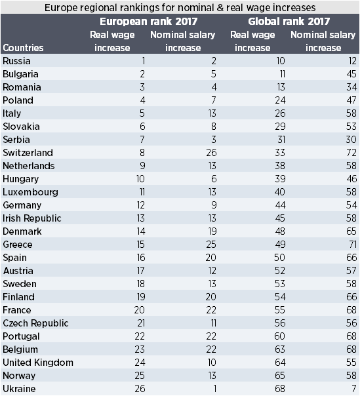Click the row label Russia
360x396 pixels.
pyautogui.click(x=16, y=61)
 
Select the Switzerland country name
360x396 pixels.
pyautogui.click(x=28, y=153)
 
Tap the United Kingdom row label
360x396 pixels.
pyautogui.click(x=38, y=363)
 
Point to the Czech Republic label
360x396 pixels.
pyautogui.click(x=35, y=323)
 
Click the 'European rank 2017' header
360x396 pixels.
pyautogui.click(x=149, y=22)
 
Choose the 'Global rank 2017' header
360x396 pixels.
pyautogui.click(x=289, y=22)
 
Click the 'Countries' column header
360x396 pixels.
pyautogui.click(x=23, y=48)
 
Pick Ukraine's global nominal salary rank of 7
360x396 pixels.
pyautogui.click(x=354, y=389)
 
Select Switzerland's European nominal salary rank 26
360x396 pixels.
pyautogui.click(x=211, y=153)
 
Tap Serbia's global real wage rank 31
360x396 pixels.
pyautogui.click(x=281, y=140)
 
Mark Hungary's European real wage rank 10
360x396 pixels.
pyautogui.click(x=140, y=179)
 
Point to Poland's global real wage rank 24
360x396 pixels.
pyautogui.click(x=280, y=100)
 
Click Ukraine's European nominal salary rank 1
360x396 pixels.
pyautogui.click(x=214, y=389)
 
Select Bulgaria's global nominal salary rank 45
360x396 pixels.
pyautogui.click(x=351, y=74)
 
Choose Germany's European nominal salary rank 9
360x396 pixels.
pyautogui.click(x=214, y=205)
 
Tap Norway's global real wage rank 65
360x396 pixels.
pyautogui.click(x=280, y=376)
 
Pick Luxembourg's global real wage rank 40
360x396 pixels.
pyautogui.click(x=280, y=192)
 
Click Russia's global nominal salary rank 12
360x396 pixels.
pyautogui.click(x=352, y=61)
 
